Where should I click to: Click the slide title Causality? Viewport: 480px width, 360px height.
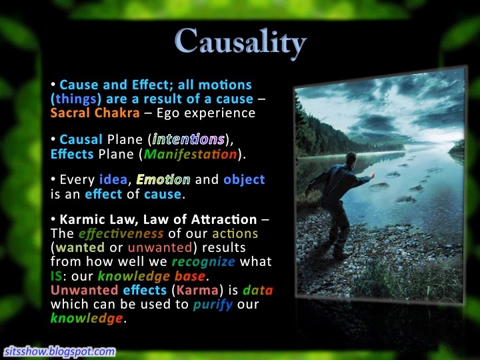click(x=241, y=42)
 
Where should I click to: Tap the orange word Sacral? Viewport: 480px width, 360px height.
click(x=70, y=113)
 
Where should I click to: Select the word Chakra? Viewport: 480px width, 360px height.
click(x=117, y=113)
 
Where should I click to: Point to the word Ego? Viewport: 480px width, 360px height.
click(x=168, y=113)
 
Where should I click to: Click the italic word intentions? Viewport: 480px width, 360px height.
click(x=188, y=139)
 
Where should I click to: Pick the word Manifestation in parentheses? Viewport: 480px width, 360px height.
click(x=190, y=154)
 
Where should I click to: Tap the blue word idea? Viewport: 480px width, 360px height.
click(x=113, y=179)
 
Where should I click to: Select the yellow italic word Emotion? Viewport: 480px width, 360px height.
click(x=163, y=179)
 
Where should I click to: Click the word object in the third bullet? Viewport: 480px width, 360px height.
click(x=244, y=180)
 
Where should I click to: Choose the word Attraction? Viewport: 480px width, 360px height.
click(x=224, y=219)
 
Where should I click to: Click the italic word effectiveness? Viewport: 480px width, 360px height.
click(x=121, y=234)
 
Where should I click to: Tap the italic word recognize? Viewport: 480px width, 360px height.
click(x=203, y=262)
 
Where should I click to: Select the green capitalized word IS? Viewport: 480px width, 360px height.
click(x=56, y=276)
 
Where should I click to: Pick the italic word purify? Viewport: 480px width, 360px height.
click(x=213, y=305)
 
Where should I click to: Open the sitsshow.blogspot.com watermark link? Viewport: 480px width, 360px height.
click(x=60, y=351)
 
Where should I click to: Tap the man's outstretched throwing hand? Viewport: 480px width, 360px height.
click(x=371, y=176)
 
